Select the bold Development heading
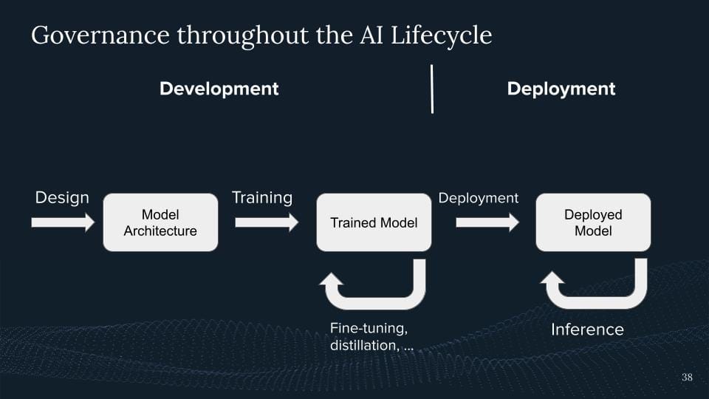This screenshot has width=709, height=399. click(x=219, y=89)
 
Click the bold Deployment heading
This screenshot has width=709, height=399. click(x=561, y=89)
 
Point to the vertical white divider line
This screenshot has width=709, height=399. click(x=432, y=89)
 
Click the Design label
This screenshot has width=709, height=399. click(x=62, y=198)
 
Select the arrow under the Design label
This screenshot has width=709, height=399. click(x=63, y=222)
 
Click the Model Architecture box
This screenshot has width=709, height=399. click(x=160, y=222)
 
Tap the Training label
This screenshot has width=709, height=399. click(x=262, y=198)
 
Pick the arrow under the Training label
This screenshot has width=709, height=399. click(x=267, y=222)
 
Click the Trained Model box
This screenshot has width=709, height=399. click(x=374, y=222)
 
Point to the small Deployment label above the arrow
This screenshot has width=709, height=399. click(x=479, y=198)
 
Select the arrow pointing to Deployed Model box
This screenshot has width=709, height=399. click(x=487, y=222)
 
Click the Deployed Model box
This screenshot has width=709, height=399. click(x=593, y=222)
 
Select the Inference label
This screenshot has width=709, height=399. click(x=587, y=330)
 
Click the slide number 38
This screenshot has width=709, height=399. click(x=687, y=378)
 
